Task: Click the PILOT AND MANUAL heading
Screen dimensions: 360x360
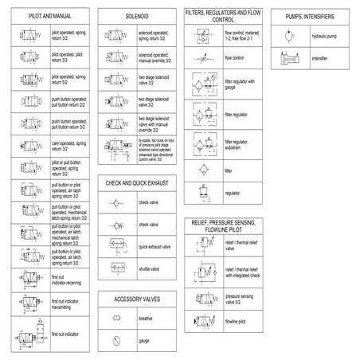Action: (45, 16)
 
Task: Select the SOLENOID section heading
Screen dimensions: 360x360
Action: (136, 16)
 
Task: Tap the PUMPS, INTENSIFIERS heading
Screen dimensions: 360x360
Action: (312, 16)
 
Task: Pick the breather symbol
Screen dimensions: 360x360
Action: (116, 319)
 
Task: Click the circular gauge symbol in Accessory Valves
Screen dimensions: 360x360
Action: (116, 340)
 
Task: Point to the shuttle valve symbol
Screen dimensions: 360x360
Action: (116, 268)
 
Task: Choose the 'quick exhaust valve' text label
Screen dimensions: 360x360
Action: (155, 247)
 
